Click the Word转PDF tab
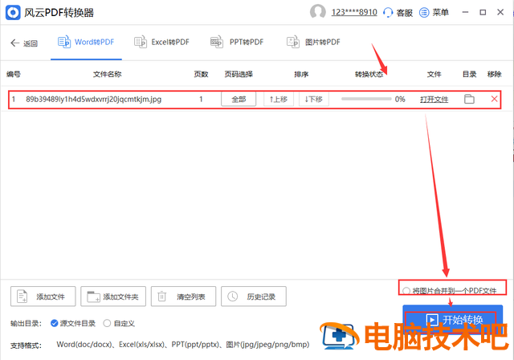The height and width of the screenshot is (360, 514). (x=86, y=43)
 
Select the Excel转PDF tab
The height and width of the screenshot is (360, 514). (x=161, y=43)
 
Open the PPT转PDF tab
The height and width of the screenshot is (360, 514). (x=237, y=43)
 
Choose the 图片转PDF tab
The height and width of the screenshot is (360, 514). (x=313, y=43)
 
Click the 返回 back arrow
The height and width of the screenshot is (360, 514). (x=14, y=43)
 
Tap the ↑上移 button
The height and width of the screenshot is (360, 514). (x=279, y=99)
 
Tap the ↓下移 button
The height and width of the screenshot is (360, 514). (x=314, y=99)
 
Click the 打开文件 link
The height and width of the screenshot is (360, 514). (x=434, y=100)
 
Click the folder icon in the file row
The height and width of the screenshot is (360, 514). (x=469, y=99)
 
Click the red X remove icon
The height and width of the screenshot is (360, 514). (x=495, y=99)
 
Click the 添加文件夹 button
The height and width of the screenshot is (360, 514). (x=113, y=297)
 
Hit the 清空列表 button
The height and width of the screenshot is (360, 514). (x=183, y=297)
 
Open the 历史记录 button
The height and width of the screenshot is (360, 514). (x=254, y=297)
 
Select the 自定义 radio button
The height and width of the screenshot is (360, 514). (x=107, y=324)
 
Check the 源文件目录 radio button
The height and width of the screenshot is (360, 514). (x=55, y=324)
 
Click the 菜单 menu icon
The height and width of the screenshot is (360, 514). (x=424, y=13)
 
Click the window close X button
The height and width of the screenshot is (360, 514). (x=500, y=12)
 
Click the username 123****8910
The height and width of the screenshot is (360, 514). (x=354, y=13)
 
